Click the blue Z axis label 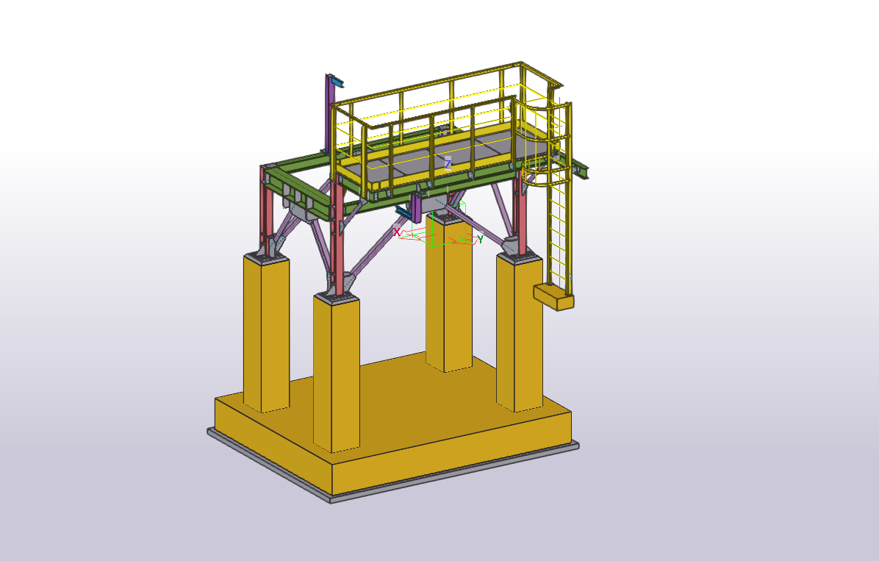(x=448, y=164)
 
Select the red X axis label (x=397, y=232)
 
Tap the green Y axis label (x=481, y=240)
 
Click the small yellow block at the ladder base (x=553, y=296)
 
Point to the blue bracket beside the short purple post (x=403, y=212)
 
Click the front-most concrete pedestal (x=337, y=373)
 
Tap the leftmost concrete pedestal (x=266, y=334)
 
